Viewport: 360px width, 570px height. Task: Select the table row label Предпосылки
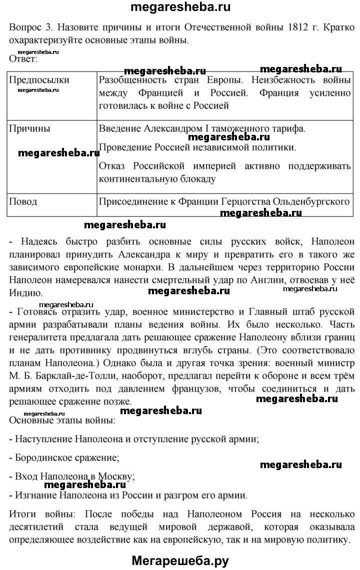tap(39, 80)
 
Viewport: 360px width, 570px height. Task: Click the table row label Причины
tap(30, 129)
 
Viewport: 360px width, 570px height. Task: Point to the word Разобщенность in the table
tap(133, 80)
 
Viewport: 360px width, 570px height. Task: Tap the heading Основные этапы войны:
tap(62, 420)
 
